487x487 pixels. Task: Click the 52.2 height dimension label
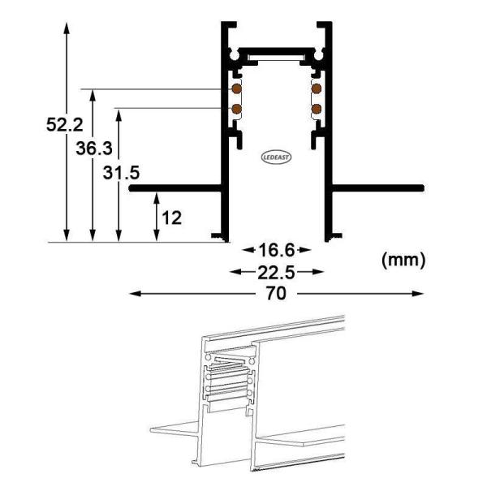tap(63, 124)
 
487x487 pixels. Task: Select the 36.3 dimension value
tap(91, 149)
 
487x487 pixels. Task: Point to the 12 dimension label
tap(170, 218)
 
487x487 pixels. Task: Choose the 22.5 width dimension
tap(277, 271)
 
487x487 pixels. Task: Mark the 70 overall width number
tap(277, 294)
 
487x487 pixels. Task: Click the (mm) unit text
tap(402, 260)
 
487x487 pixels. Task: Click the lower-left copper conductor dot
tap(236, 107)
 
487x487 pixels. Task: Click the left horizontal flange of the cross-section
tap(175, 187)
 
